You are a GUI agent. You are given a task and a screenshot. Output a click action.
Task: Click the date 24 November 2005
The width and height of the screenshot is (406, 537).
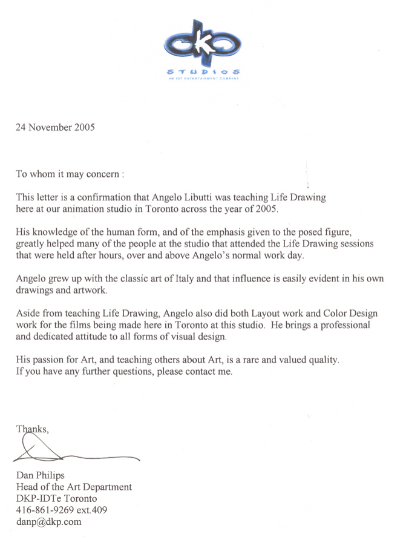pos(55,127)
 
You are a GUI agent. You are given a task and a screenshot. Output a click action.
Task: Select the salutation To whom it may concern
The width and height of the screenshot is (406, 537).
pos(70,174)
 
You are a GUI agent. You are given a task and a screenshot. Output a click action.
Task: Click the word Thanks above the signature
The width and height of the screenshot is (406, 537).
pos(32,429)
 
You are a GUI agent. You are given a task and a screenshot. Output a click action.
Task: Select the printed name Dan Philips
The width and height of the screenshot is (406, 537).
pos(41,476)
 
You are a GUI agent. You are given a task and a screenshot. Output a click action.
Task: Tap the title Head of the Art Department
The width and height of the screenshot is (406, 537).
pos(74,487)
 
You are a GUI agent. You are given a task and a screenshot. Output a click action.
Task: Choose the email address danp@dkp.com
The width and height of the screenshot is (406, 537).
pos(48,522)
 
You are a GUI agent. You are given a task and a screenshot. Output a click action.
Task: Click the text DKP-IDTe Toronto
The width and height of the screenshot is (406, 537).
pos(56,499)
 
